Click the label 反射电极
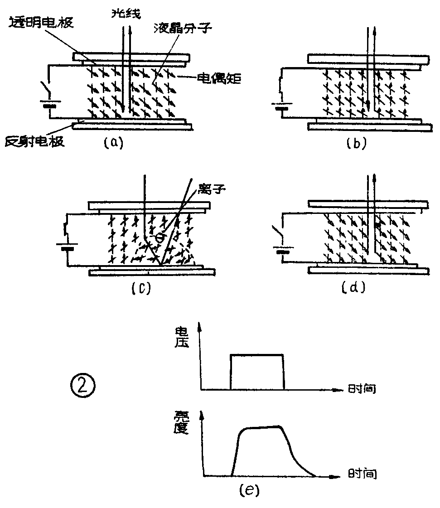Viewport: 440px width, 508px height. tap(34, 141)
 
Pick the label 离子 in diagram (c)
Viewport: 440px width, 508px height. tap(213, 187)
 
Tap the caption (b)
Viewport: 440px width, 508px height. tap(356, 143)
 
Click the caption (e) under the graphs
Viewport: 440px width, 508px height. tap(248, 490)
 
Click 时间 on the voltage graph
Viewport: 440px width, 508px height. tap(362, 388)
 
